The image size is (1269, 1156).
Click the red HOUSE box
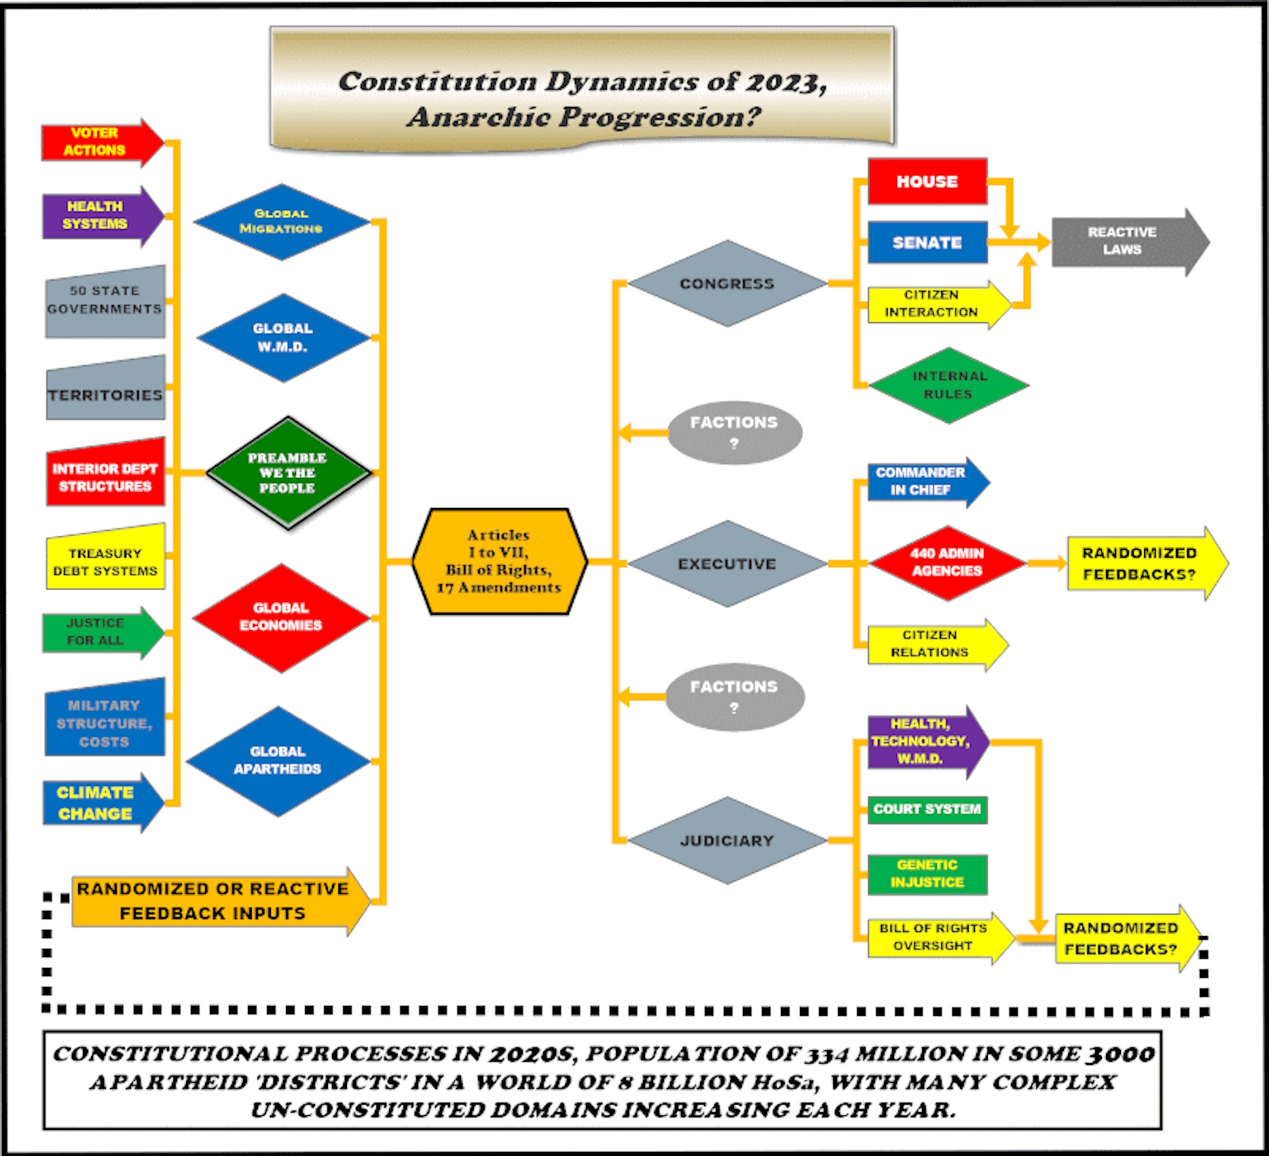pyautogui.click(x=927, y=181)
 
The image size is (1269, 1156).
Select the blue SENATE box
pyautogui.click(x=927, y=242)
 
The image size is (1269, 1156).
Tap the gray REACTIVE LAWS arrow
pyautogui.click(x=1130, y=242)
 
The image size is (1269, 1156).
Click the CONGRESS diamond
pyautogui.click(x=728, y=283)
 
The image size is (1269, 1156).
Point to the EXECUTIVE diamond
pyautogui.click(x=728, y=564)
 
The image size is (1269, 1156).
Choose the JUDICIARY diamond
pyautogui.click(x=728, y=840)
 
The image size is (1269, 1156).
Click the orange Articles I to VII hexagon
pyautogui.click(x=500, y=561)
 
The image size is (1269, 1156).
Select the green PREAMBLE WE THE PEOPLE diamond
pyautogui.click(x=288, y=473)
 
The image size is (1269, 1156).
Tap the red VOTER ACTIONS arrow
pyautogui.click(x=103, y=142)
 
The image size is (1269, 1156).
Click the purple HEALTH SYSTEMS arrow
pyautogui.click(x=103, y=216)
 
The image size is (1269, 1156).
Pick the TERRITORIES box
pyautogui.click(x=106, y=388)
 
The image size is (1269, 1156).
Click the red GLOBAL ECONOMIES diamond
pyautogui.click(x=281, y=617)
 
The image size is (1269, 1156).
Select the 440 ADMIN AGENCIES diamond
pyautogui.click(x=948, y=562)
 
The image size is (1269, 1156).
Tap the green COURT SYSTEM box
pyautogui.click(x=927, y=809)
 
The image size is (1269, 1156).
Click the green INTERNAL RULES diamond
pyautogui.click(x=949, y=386)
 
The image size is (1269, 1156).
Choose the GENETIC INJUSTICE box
pyautogui.click(x=927, y=874)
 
